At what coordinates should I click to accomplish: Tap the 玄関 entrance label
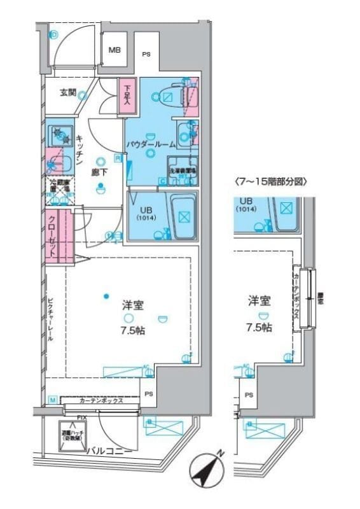tap(68, 93)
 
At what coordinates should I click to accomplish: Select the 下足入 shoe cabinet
tap(127, 96)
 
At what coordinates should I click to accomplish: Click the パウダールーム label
tap(150, 144)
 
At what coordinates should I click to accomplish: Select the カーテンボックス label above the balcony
tap(102, 402)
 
